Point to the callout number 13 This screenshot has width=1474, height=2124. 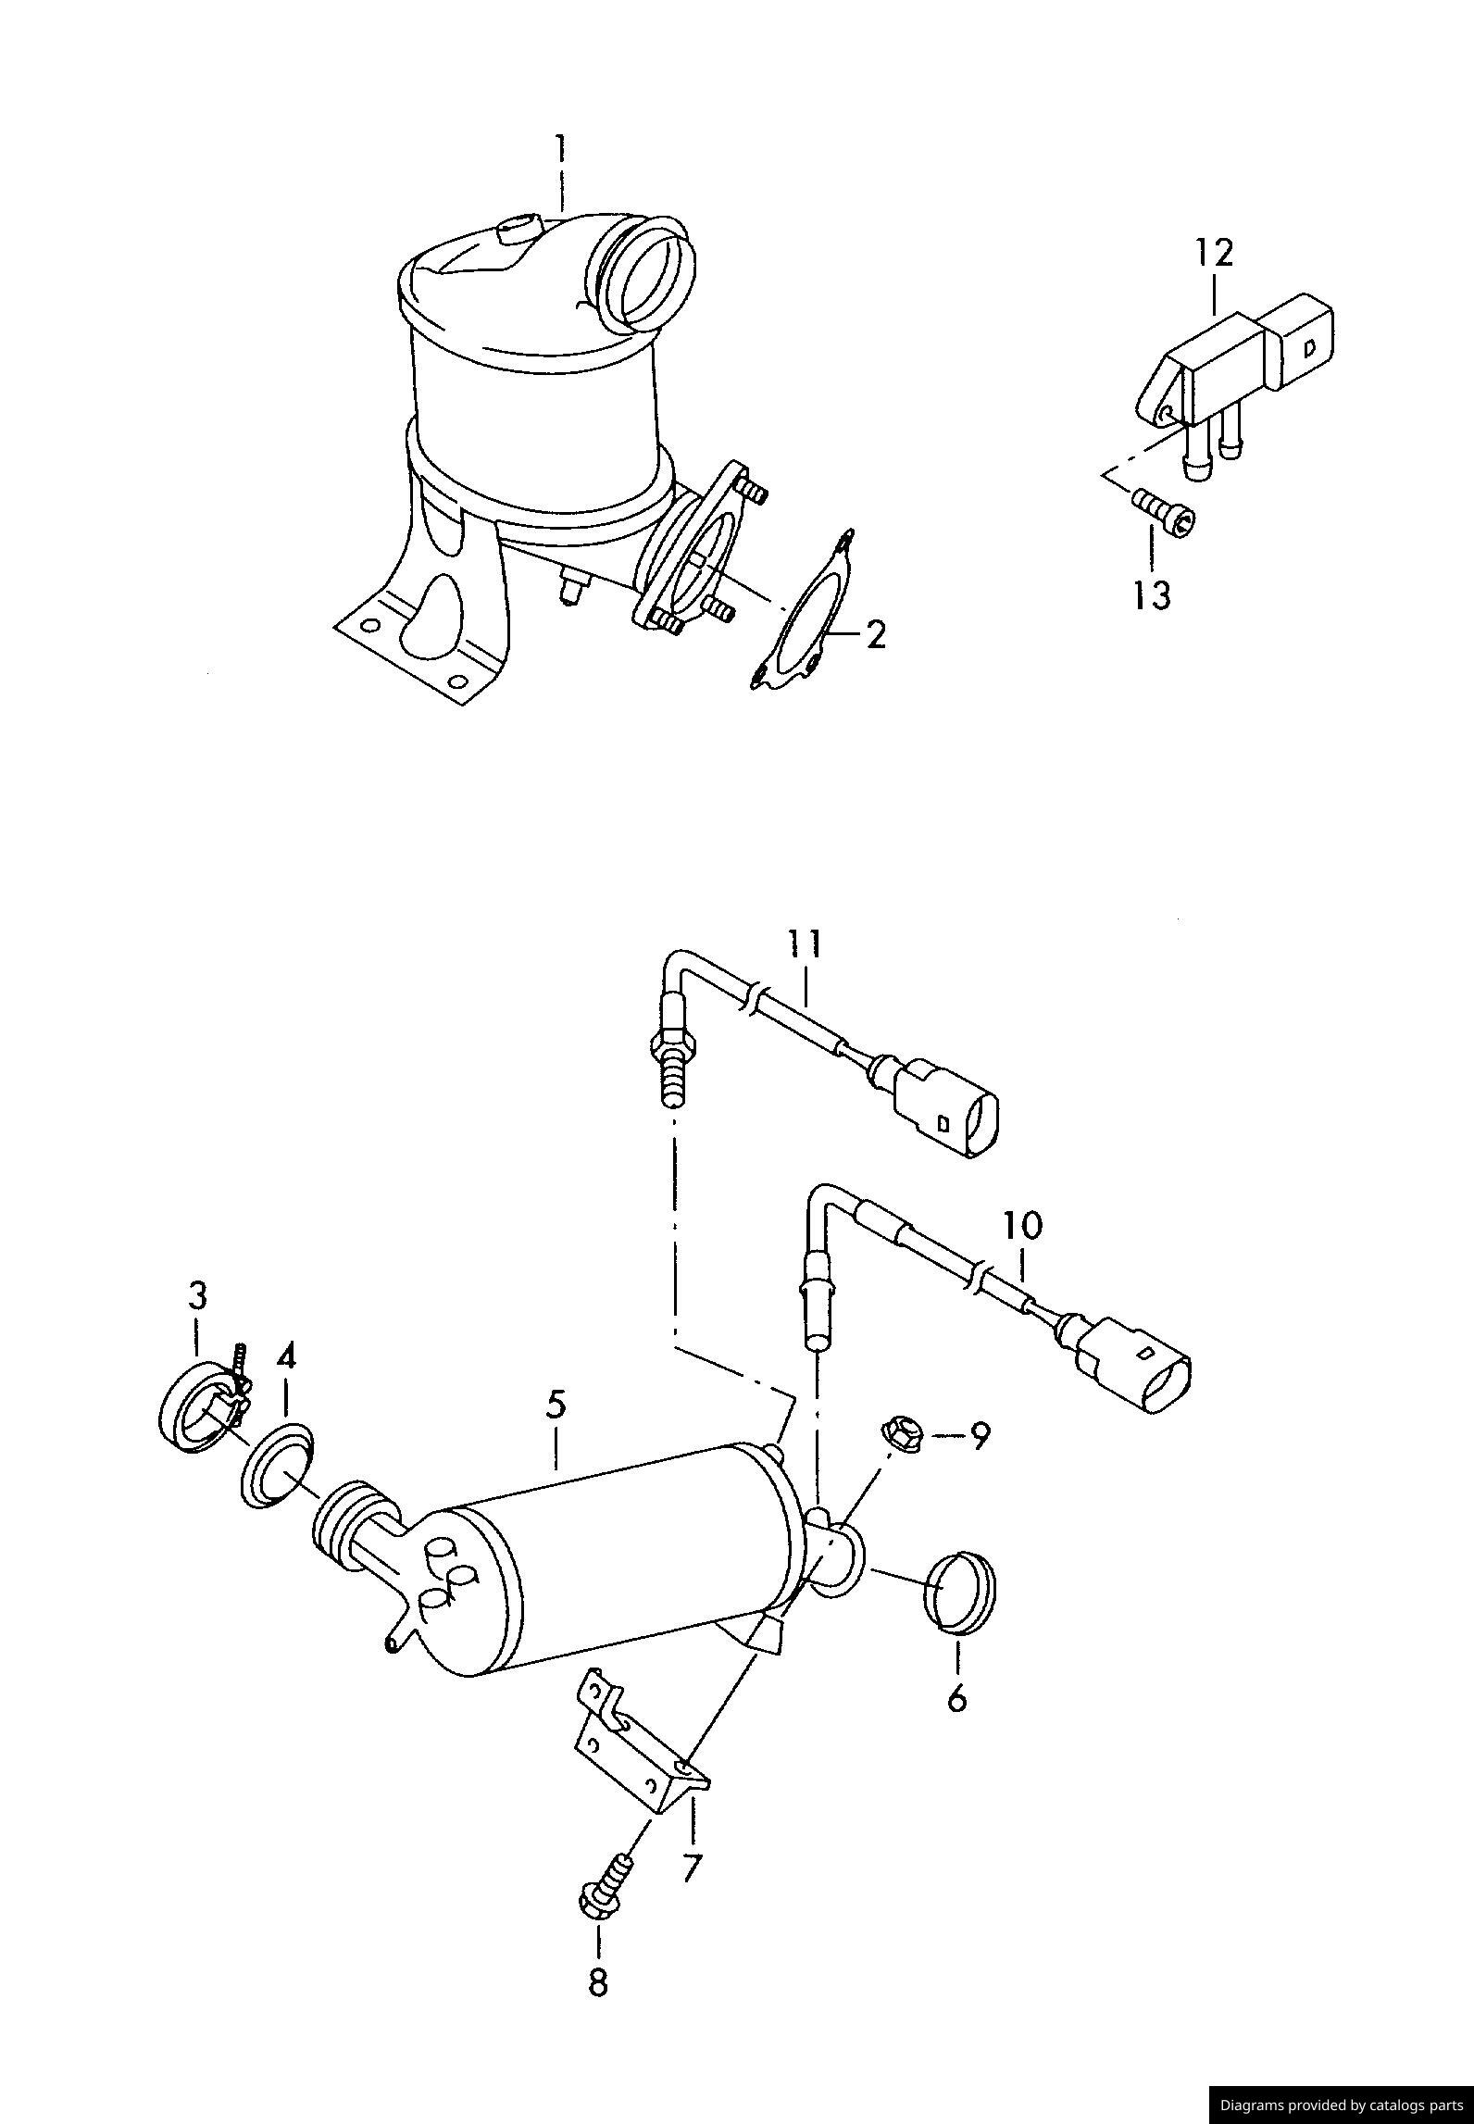1152,595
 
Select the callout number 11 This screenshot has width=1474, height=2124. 804,943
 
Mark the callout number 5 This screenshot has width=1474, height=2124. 555,1404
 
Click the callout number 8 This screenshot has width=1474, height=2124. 598,1981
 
